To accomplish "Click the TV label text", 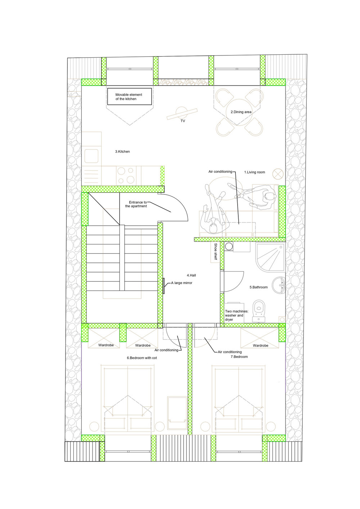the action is click(x=183, y=121).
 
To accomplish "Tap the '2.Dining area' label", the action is click(x=241, y=112).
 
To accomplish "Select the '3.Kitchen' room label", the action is click(x=122, y=151).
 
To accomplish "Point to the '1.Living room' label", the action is click(x=255, y=172).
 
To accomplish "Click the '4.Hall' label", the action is click(x=192, y=275).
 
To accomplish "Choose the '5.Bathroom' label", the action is click(x=258, y=287).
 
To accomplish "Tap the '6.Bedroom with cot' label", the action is click(x=142, y=358).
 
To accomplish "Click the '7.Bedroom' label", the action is click(x=239, y=356).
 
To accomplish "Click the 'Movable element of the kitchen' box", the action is click(x=130, y=96).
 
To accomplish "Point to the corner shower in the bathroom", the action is click(x=270, y=257).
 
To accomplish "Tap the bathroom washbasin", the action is click(x=279, y=285).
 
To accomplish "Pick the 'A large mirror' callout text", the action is click(x=181, y=283).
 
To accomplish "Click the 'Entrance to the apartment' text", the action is click(x=136, y=204).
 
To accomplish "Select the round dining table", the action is click(x=239, y=112).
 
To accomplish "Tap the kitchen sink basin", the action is click(x=91, y=156).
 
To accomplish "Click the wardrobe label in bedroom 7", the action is click(x=260, y=346).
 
